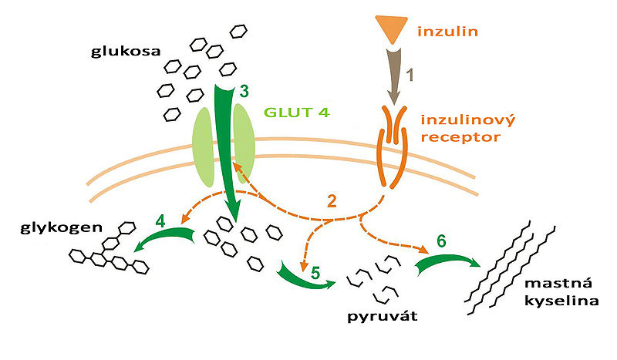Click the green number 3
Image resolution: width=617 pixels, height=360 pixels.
(243, 91)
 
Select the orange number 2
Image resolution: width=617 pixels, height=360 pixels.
(332, 203)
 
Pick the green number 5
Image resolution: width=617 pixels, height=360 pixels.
(315, 271)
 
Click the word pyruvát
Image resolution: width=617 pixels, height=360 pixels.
(375, 317)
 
